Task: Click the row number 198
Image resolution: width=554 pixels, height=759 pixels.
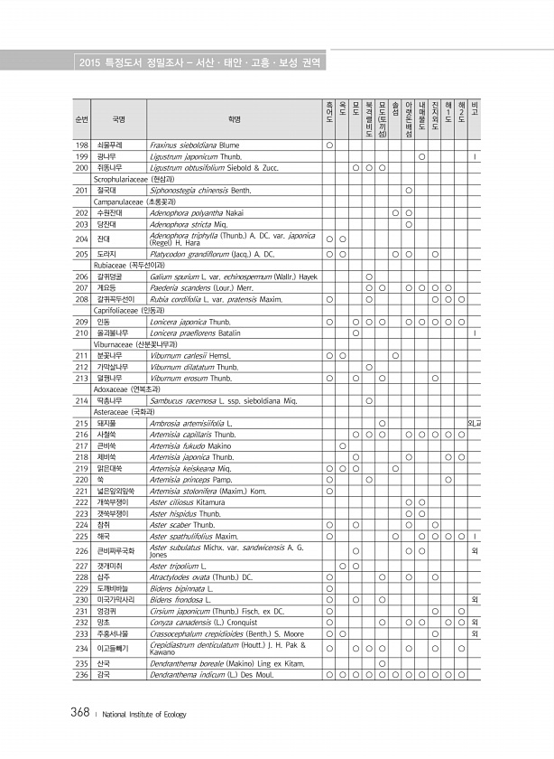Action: click(x=81, y=145)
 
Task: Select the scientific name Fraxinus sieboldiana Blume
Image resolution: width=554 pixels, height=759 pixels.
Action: click(x=194, y=145)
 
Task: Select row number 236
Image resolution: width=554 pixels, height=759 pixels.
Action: click(x=81, y=700)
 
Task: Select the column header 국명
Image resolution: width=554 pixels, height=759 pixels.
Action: click(x=118, y=118)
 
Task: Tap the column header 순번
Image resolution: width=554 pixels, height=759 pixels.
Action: click(x=81, y=118)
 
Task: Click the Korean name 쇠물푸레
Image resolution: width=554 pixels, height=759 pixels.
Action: click(x=111, y=145)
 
